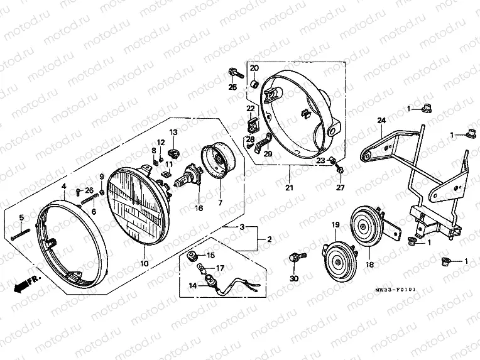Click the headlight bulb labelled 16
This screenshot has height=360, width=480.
coord(188,177)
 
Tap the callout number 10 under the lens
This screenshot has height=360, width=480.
coord(144,263)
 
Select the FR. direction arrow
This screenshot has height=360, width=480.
coord(26,284)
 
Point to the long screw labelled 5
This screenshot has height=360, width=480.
coord(20,234)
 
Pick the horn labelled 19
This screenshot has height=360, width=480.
coord(339,261)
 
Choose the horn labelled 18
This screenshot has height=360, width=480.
coord(373,227)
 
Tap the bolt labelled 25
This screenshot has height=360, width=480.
coord(236,73)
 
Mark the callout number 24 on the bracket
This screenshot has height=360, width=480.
coord(381,121)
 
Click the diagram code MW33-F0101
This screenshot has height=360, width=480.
coord(395,289)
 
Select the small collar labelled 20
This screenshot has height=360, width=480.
coord(254,83)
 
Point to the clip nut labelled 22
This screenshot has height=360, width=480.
coord(252,124)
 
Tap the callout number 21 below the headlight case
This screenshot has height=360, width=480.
coord(289,187)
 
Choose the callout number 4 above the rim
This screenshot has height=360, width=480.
coord(63,186)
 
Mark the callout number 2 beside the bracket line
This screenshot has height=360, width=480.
coord(270,239)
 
